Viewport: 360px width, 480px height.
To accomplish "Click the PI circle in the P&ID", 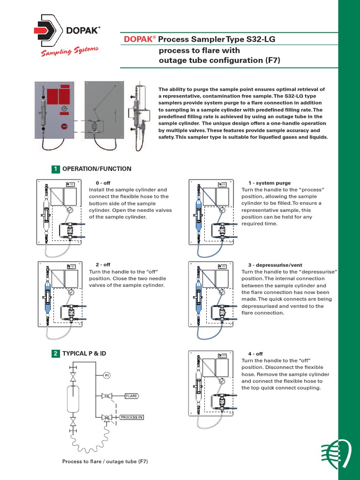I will click(x=106, y=375).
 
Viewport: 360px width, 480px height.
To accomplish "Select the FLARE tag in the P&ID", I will click(x=132, y=396).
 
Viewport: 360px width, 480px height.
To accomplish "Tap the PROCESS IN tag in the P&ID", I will click(x=131, y=417).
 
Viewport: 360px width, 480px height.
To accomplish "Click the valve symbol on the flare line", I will click(x=107, y=396).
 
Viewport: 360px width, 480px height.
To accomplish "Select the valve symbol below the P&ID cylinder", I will click(x=73, y=422).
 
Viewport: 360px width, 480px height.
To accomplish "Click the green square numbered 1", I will click(x=56, y=169).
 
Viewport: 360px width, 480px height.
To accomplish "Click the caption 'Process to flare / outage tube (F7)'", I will click(x=105, y=462).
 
